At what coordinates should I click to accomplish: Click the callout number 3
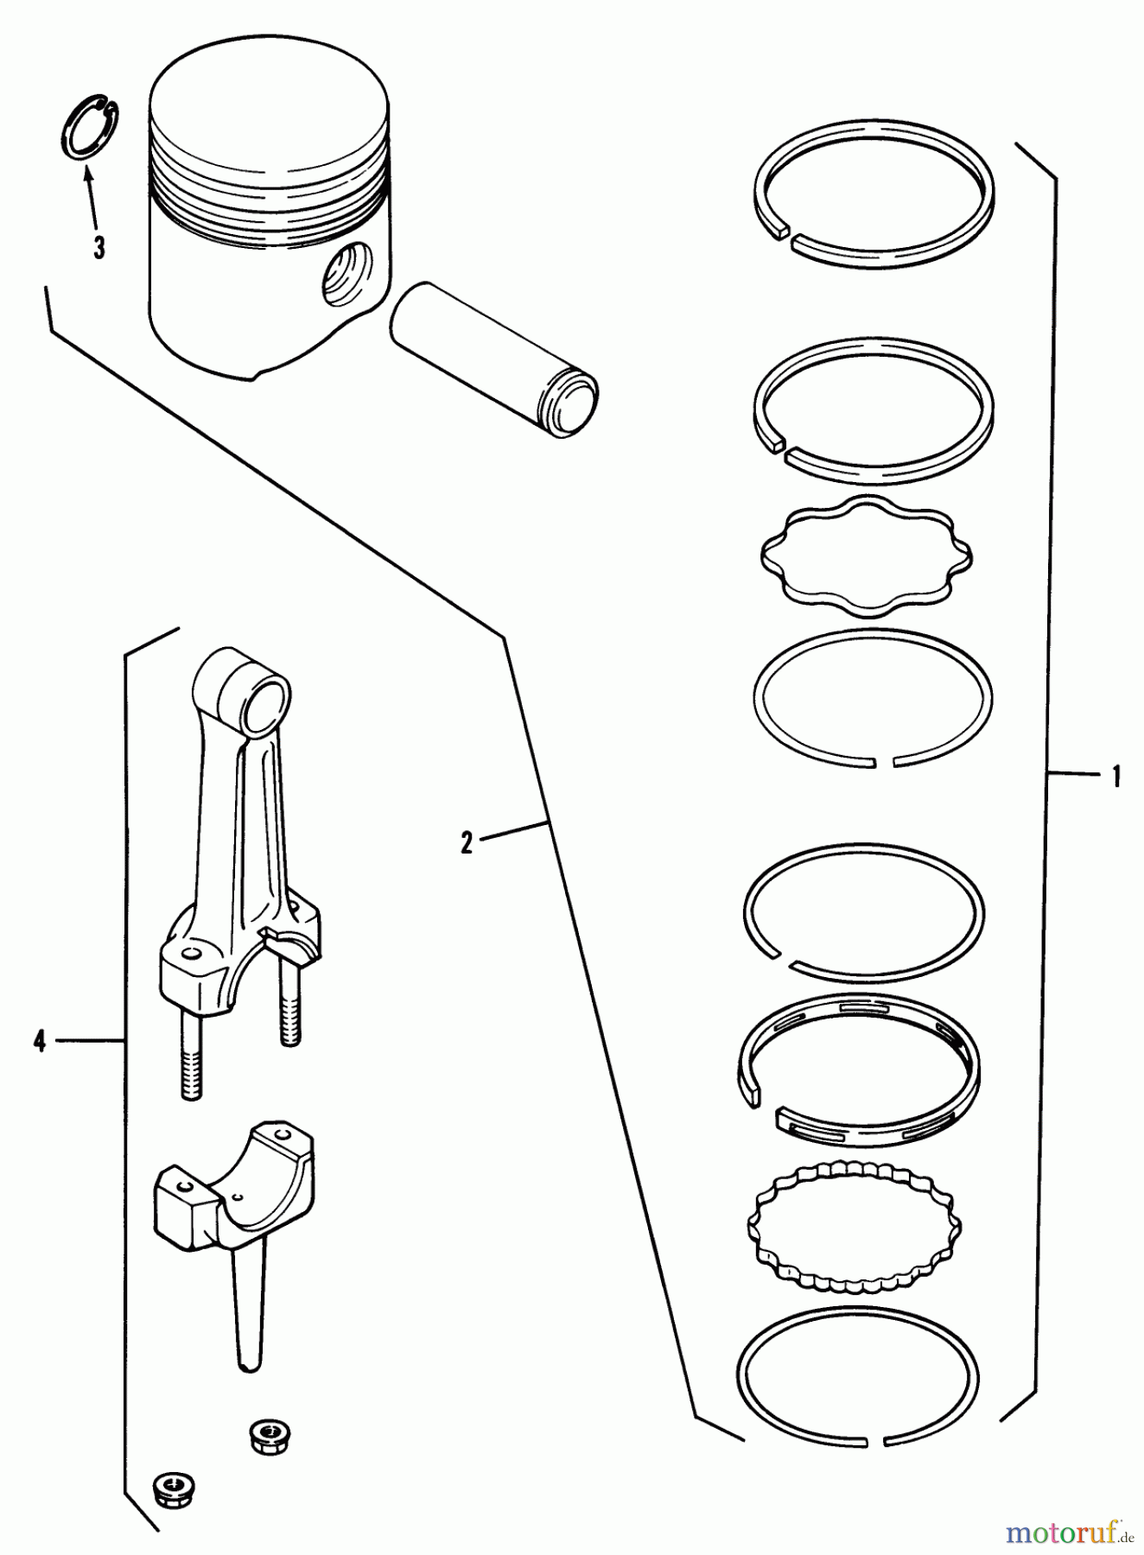(99, 249)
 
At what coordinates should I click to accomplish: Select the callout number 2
(467, 842)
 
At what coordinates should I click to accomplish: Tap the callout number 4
(39, 1041)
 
